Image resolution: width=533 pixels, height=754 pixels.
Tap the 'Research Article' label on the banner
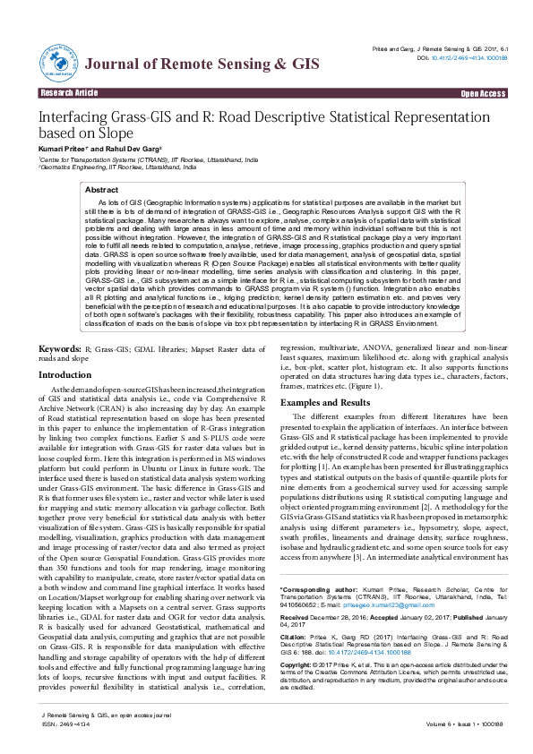pos(68,93)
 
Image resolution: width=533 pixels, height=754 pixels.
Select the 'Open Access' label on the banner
pos(484,93)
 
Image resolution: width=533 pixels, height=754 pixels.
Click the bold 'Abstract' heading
pos(100,191)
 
